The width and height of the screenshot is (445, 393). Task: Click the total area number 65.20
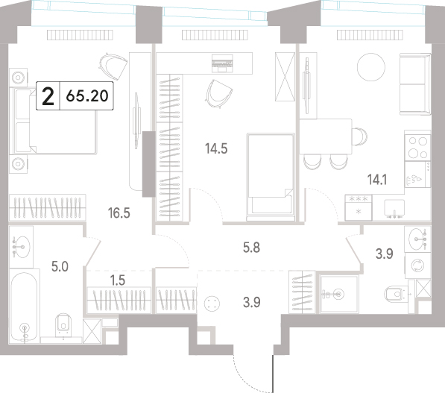pyautogui.click(x=87, y=95)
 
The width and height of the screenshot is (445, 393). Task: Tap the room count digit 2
pyautogui.click(x=48, y=96)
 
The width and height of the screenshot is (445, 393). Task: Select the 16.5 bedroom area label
pyautogui.click(x=119, y=213)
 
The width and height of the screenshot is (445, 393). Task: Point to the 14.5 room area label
pyautogui.click(x=216, y=148)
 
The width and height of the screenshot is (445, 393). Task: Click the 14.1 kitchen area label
pyautogui.click(x=377, y=180)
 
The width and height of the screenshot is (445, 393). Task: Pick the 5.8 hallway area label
pyautogui.click(x=251, y=248)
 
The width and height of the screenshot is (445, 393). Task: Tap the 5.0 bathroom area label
pyautogui.click(x=60, y=267)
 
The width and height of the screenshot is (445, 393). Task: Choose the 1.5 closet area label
pyautogui.click(x=118, y=280)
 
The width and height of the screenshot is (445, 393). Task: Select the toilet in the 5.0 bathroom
pyautogui.click(x=63, y=325)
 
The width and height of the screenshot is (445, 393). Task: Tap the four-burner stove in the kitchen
pyautogui.click(x=417, y=148)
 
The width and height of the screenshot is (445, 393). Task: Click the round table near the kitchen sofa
pyautogui.click(x=371, y=67)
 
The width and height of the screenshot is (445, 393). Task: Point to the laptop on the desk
pyautogui.click(x=222, y=63)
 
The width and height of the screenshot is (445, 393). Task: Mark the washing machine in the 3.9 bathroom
pyautogui.click(x=417, y=265)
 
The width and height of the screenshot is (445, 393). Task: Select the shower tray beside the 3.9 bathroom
pyautogui.click(x=338, y=294)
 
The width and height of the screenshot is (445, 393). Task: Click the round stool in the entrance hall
pyautogui.click(x=212, y=304)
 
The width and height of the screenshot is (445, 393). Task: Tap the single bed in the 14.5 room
pyautogui.click(x=270, y=177)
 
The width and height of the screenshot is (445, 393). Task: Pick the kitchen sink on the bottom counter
pyautogui.click(x=394, y=208)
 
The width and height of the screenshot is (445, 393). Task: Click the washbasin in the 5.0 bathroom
pyautogui.click(x=22, y=247)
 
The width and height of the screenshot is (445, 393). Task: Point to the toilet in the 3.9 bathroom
pyautogui.click(x=397, y=293)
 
